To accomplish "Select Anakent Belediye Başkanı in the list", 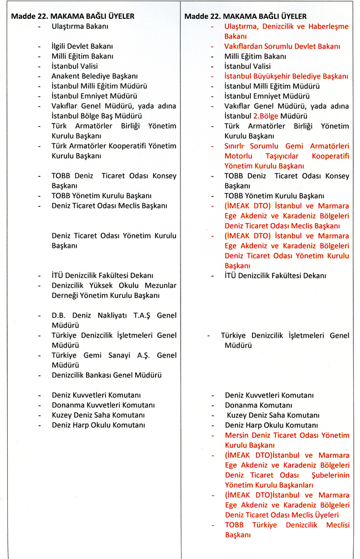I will point(95,76).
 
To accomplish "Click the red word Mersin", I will point(237,435).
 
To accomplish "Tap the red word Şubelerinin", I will point(327,475).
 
